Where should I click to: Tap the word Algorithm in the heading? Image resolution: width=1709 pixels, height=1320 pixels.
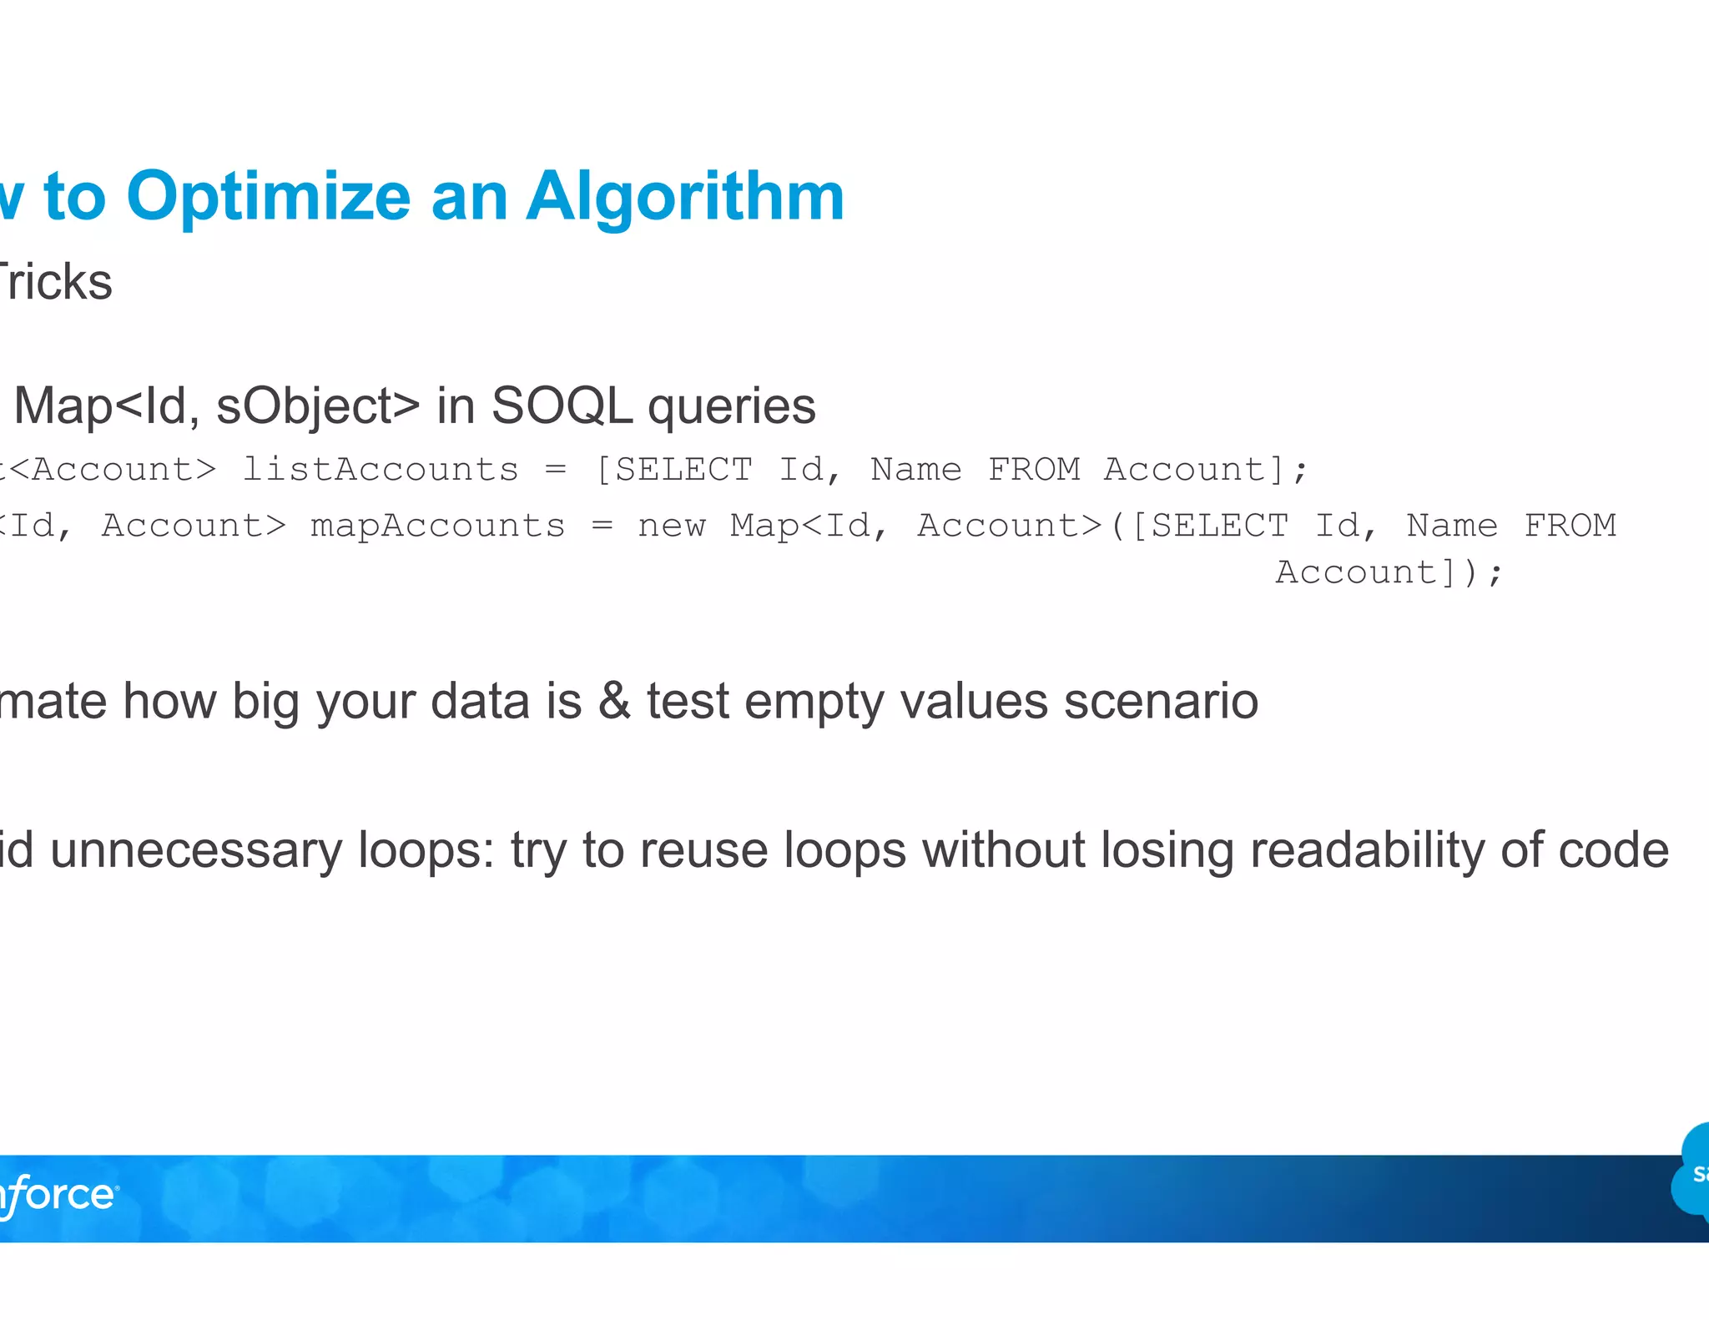pyautogui.click(x=685, y=198)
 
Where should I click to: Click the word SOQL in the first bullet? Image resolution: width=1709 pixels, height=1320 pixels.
pyautogui.click(x=561, y=406)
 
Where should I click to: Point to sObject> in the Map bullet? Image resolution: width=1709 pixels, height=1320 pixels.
pyautogui.click(x=318, y=406)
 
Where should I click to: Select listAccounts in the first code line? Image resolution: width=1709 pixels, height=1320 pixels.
pyautogui.click(x=380, y=470)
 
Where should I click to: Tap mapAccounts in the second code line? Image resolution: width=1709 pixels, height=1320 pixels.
pyautogui.click(x=437, y=526)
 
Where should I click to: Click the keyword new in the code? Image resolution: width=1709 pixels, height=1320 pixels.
pyautogui.click(x=671, y=526)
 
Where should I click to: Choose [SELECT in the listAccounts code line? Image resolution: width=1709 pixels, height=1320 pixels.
pyautogui.click(x=673, y=470)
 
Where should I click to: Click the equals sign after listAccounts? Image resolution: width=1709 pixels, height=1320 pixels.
pyautogui.click(x=555, y=471)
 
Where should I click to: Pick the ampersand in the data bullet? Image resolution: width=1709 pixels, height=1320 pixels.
pyautogui.click(x=614, y=701)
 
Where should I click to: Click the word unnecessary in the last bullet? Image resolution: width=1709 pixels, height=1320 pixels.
pyautogui.click(x=196, y=851)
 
